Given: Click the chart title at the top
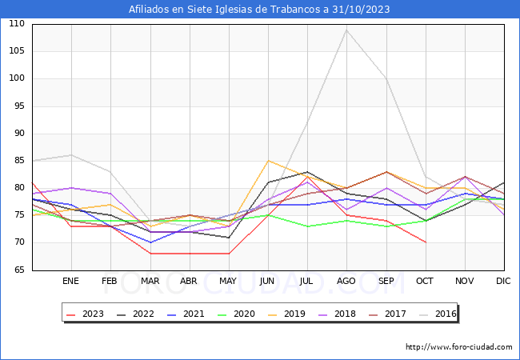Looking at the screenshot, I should [260, 10].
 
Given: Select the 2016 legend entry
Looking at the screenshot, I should [446, 314].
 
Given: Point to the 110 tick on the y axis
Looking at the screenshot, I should [16, 24].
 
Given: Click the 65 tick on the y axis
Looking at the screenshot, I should [18, 270].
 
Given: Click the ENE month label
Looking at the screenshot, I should [71, 282].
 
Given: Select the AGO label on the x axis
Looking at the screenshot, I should [346, 282].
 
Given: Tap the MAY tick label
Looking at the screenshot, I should [229, 282].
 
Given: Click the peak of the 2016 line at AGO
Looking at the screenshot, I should [346, 30].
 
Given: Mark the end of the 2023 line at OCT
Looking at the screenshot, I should [426, 242].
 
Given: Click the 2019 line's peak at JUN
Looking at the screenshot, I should [268, 161].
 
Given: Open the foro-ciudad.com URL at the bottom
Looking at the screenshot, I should [458, 347].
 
